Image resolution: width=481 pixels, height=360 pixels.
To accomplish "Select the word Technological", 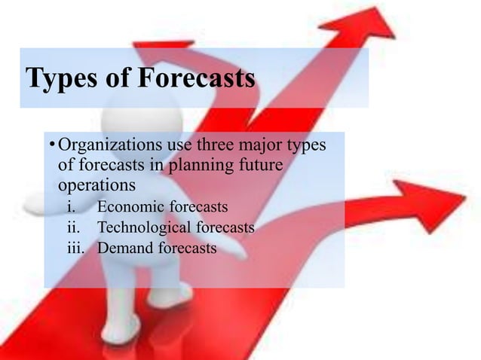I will [145, 227].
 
